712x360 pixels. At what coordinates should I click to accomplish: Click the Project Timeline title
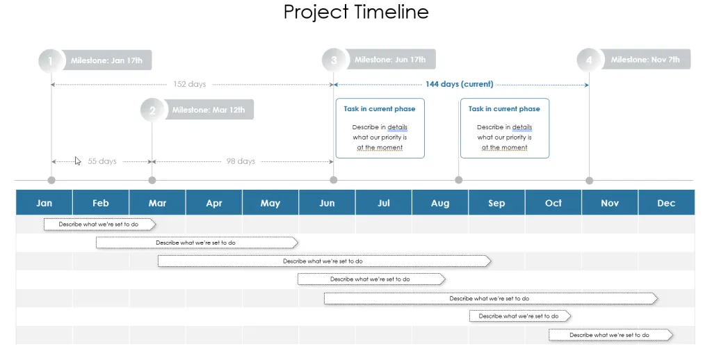point(356,12)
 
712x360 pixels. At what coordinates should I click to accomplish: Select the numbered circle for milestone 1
point(50,61)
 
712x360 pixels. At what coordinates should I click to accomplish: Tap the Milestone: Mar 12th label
point(209,110)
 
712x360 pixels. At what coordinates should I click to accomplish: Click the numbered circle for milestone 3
point(334,60)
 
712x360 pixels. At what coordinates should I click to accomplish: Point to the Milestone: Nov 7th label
point(645,60)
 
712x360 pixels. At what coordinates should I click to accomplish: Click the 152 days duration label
point(189,84)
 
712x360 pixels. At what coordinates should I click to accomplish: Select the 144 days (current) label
point(459,84)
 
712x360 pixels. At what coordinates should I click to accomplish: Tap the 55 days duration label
point(102,161)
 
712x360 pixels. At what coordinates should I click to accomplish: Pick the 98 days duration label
point(241,161)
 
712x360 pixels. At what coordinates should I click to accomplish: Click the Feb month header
point(101,202)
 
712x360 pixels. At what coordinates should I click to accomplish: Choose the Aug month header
point(440,202)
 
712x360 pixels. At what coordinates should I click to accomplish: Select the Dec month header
point(666,202)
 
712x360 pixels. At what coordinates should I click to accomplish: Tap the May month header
point(270,202)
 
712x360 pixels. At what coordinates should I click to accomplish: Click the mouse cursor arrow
point(78,161)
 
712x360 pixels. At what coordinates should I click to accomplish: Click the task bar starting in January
point(99,224)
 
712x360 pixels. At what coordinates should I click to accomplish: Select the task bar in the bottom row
point(610,335)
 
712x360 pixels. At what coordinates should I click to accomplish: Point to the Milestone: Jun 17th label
point(390,60)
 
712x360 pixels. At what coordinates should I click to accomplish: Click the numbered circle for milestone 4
point(589,60)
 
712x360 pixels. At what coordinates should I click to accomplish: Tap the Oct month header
point(553,202)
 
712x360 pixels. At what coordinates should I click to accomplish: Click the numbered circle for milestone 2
point(152,111)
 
